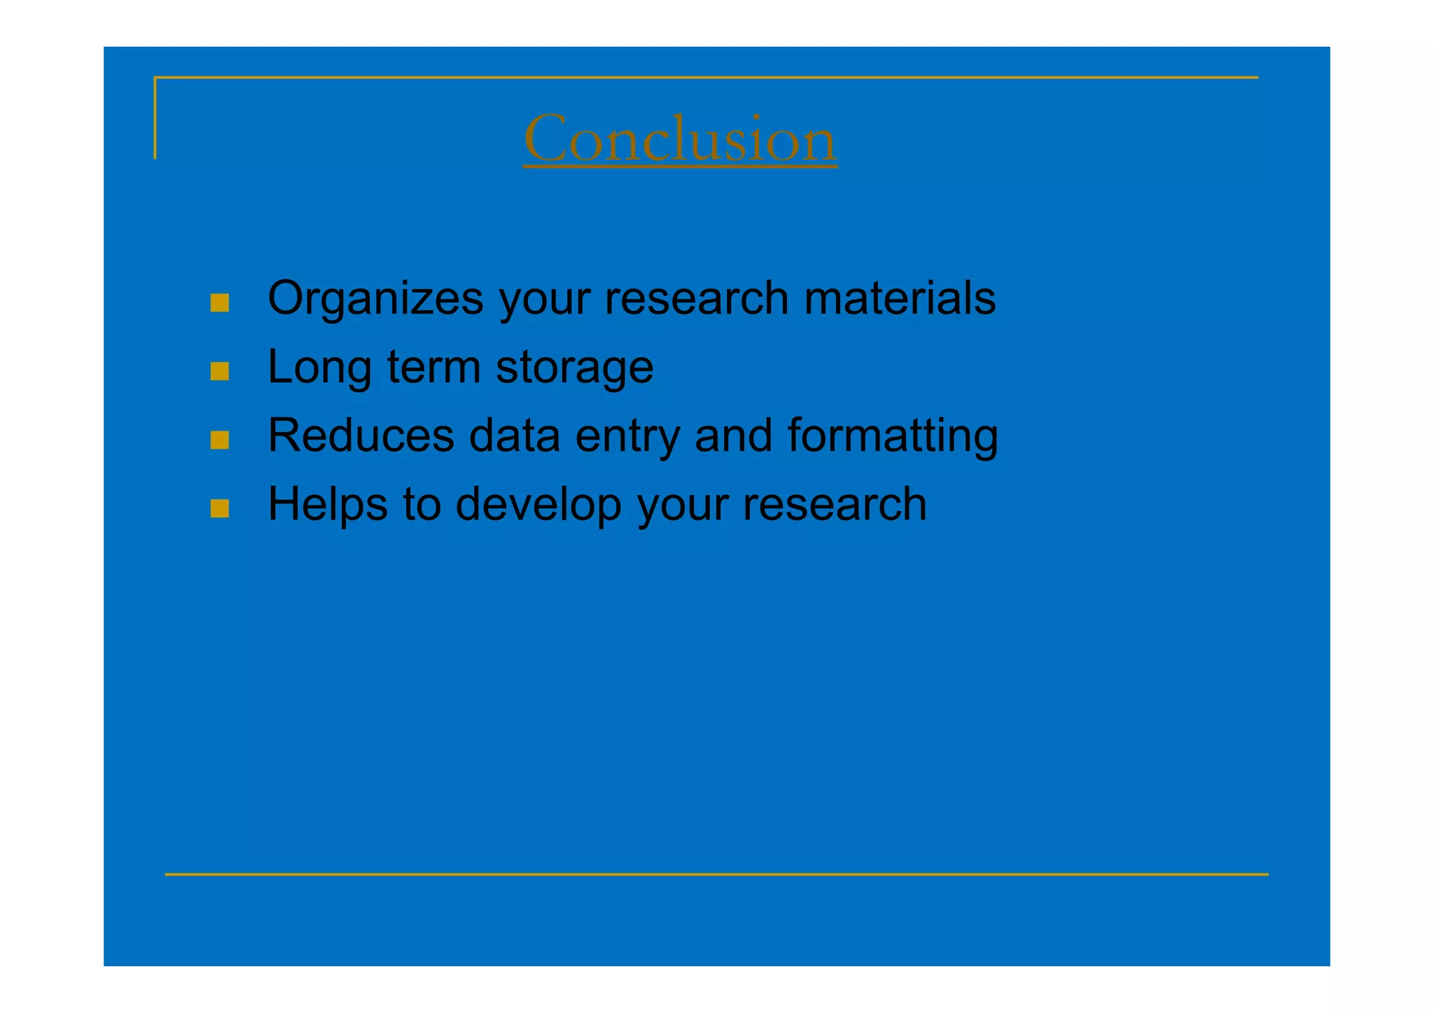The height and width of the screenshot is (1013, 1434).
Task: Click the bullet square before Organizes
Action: click(220, 302)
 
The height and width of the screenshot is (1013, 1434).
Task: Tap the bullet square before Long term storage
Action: click(220, 371)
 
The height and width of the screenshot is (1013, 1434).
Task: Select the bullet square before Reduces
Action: click(220, 440)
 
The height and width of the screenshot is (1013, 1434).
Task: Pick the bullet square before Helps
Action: click(220, 508)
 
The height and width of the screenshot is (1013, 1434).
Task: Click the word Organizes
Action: click(375, 298)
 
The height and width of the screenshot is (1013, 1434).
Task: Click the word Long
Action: click(319, 367)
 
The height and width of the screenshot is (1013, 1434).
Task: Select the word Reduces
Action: click(361, 435)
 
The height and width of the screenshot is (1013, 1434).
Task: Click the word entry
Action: click(627, 435)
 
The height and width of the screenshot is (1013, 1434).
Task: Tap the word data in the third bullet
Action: click(514, 435)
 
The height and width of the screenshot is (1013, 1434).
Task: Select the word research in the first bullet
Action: click(696, 298)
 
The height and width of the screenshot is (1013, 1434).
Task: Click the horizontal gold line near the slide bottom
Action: click(716, 874)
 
